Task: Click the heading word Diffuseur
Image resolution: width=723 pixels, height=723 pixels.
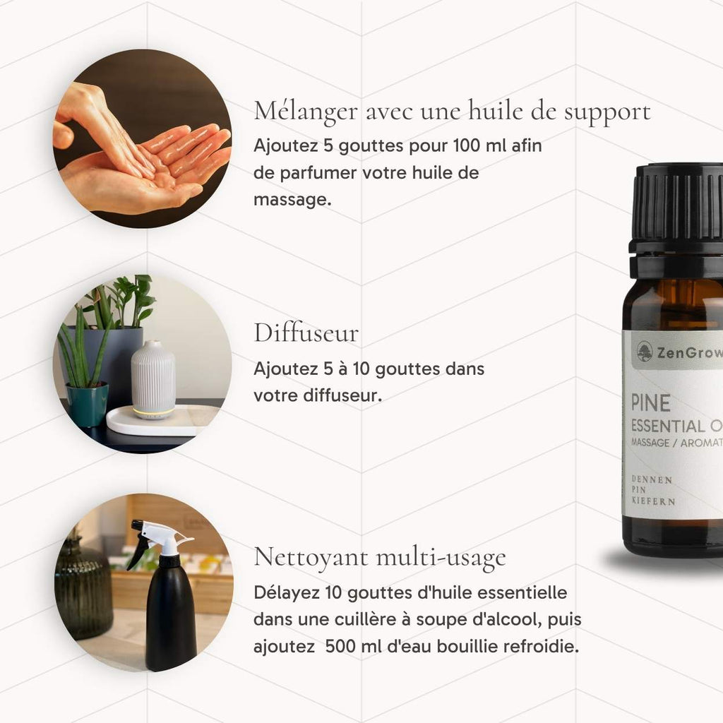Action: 306,333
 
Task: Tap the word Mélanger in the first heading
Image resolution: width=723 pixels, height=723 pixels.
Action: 306,112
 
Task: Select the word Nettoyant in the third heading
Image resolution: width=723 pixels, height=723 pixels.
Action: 311,557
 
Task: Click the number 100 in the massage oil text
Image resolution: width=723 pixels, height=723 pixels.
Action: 467,145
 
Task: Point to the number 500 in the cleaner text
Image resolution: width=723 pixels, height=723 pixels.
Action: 340,646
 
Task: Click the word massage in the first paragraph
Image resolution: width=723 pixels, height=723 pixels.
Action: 292,200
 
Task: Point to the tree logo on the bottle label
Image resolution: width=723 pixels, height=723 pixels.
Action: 645,352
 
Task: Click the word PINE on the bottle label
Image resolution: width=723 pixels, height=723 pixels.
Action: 650,403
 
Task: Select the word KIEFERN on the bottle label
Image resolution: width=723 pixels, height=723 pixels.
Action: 653,501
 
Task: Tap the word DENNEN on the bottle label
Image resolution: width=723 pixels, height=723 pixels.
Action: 652,479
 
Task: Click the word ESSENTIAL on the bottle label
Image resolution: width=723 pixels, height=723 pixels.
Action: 668,426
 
